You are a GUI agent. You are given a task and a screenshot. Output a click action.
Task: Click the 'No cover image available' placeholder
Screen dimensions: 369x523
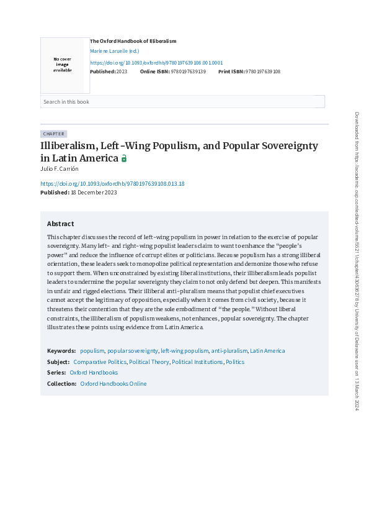[62, 65]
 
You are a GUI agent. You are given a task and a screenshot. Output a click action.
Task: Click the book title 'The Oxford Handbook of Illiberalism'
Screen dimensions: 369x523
[133, 41]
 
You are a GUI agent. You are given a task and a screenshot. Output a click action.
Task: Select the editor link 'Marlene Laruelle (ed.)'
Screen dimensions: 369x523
[115, 51]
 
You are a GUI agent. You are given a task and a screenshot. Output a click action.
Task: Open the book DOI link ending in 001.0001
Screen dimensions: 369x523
[156, 63]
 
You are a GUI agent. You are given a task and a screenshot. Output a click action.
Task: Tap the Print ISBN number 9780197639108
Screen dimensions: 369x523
[263, 71]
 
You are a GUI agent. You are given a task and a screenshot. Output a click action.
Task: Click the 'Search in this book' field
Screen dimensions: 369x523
[182, 102]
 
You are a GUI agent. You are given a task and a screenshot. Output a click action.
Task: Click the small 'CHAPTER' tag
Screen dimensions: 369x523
[53, 134]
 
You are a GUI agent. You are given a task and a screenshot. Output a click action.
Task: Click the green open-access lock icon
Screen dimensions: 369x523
[124, 158]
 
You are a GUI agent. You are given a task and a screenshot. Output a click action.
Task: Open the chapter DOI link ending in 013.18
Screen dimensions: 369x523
[112, 184]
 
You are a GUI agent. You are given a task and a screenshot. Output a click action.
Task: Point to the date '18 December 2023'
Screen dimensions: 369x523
[94, 193]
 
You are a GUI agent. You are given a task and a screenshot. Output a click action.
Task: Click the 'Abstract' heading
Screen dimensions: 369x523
[60, 224]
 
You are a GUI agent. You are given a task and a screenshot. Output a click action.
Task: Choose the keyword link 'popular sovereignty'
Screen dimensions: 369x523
[133, 351]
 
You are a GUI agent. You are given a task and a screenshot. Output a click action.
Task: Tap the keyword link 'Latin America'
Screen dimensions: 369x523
[267, 351]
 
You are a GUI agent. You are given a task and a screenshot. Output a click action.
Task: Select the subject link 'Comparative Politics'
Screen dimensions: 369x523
[100, 362]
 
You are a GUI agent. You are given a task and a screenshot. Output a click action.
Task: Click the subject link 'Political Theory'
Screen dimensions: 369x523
[149, 362]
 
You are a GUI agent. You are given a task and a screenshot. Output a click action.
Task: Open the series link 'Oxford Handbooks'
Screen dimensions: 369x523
[94, 373]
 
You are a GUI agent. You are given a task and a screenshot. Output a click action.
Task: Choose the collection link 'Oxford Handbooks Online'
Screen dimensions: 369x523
[113, 384]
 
